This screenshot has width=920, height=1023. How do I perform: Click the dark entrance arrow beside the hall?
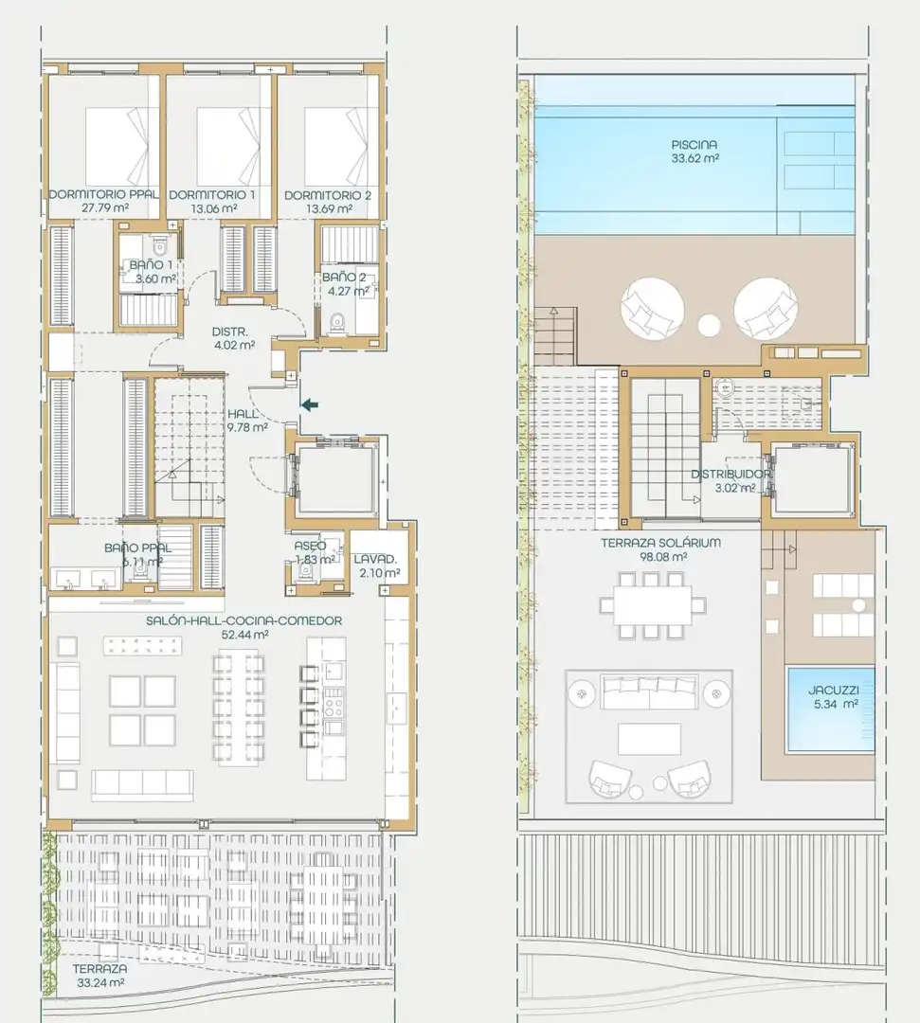[x=310, y=405]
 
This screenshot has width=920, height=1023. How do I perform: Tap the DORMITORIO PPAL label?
[x=103, y=194]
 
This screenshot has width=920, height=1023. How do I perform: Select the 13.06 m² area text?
[x=213, y=208]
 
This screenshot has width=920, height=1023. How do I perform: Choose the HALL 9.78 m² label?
[x=247, y=421]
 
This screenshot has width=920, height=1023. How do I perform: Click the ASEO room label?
[x=310, y=547]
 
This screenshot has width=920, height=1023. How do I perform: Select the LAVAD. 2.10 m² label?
[x=376, y=566]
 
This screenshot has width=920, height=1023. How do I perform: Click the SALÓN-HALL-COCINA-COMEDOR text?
[x=244, y=620]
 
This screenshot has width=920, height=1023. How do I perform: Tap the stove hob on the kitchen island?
[x=334, y=702]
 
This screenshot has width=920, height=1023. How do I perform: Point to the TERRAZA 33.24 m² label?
[x=99, y=976]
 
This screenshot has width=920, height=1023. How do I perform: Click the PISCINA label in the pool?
[x=695, y=145]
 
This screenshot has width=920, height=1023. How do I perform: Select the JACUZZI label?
[x=833, y=690]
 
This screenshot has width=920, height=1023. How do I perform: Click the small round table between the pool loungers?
[x=709, y=325]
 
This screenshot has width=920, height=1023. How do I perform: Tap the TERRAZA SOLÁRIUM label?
[x=661, y=543]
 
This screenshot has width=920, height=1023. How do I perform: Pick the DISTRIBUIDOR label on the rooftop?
[x=731, y=475]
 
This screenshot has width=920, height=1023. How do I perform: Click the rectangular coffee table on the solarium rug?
[x=649, y=739]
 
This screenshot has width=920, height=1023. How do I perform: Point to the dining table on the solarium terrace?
[x=653, y=605]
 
